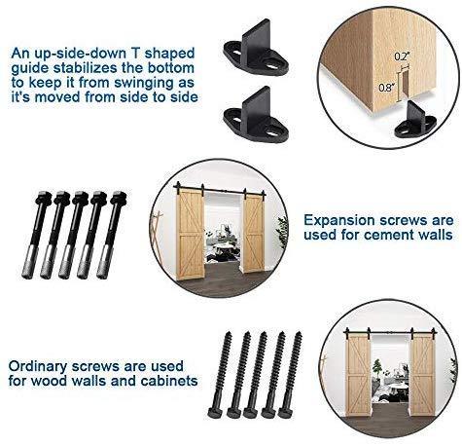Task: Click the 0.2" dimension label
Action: [402, 56]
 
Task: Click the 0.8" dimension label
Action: [386, 88]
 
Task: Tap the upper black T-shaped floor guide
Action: [256, 48]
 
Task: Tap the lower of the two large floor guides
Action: [256, 115]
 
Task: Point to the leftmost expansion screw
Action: [35, 235]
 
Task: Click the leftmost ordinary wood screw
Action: [221, 374]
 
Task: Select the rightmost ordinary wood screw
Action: [290, 374]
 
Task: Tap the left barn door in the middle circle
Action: [190, 234]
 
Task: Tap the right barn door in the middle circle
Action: [254, 231]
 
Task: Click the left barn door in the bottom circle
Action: [359, 376]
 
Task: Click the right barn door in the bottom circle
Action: [422, 376]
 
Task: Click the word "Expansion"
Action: [339, 221]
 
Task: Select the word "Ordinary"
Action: [38, 367]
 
